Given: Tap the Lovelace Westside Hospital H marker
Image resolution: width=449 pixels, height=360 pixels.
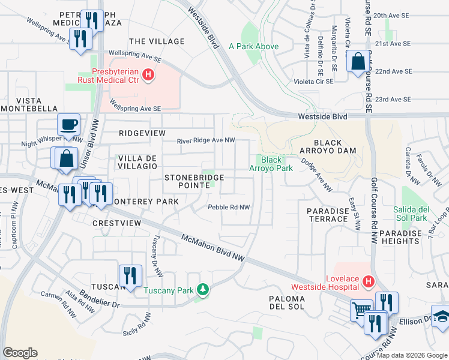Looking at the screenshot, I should (368, 281).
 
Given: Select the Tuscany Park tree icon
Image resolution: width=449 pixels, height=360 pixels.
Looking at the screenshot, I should (203, 290).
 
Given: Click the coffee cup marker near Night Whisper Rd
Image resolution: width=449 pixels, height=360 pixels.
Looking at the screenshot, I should (68, 124).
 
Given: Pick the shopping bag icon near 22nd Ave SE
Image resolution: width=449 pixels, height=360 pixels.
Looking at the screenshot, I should (357, 61).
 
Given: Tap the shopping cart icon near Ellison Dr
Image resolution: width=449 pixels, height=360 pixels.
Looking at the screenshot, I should (361, 310).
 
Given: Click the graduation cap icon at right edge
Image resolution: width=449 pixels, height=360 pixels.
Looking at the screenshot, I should (441, 316).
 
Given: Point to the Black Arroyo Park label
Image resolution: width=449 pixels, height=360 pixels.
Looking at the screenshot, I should (271, 164).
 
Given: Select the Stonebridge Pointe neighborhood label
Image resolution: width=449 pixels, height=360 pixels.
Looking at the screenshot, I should (194, 181).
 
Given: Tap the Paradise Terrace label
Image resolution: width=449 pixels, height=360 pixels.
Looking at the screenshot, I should (328, 215).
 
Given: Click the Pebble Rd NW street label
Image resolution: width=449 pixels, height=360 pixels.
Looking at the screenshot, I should (229, 207).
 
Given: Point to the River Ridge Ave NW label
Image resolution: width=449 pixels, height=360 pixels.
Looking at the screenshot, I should (205, 141).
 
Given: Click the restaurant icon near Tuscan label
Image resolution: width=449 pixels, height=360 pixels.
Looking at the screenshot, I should (130, 275).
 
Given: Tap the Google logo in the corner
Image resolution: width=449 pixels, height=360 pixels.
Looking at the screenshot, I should (20, 353).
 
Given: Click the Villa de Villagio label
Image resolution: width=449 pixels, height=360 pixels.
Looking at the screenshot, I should (137, 161).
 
